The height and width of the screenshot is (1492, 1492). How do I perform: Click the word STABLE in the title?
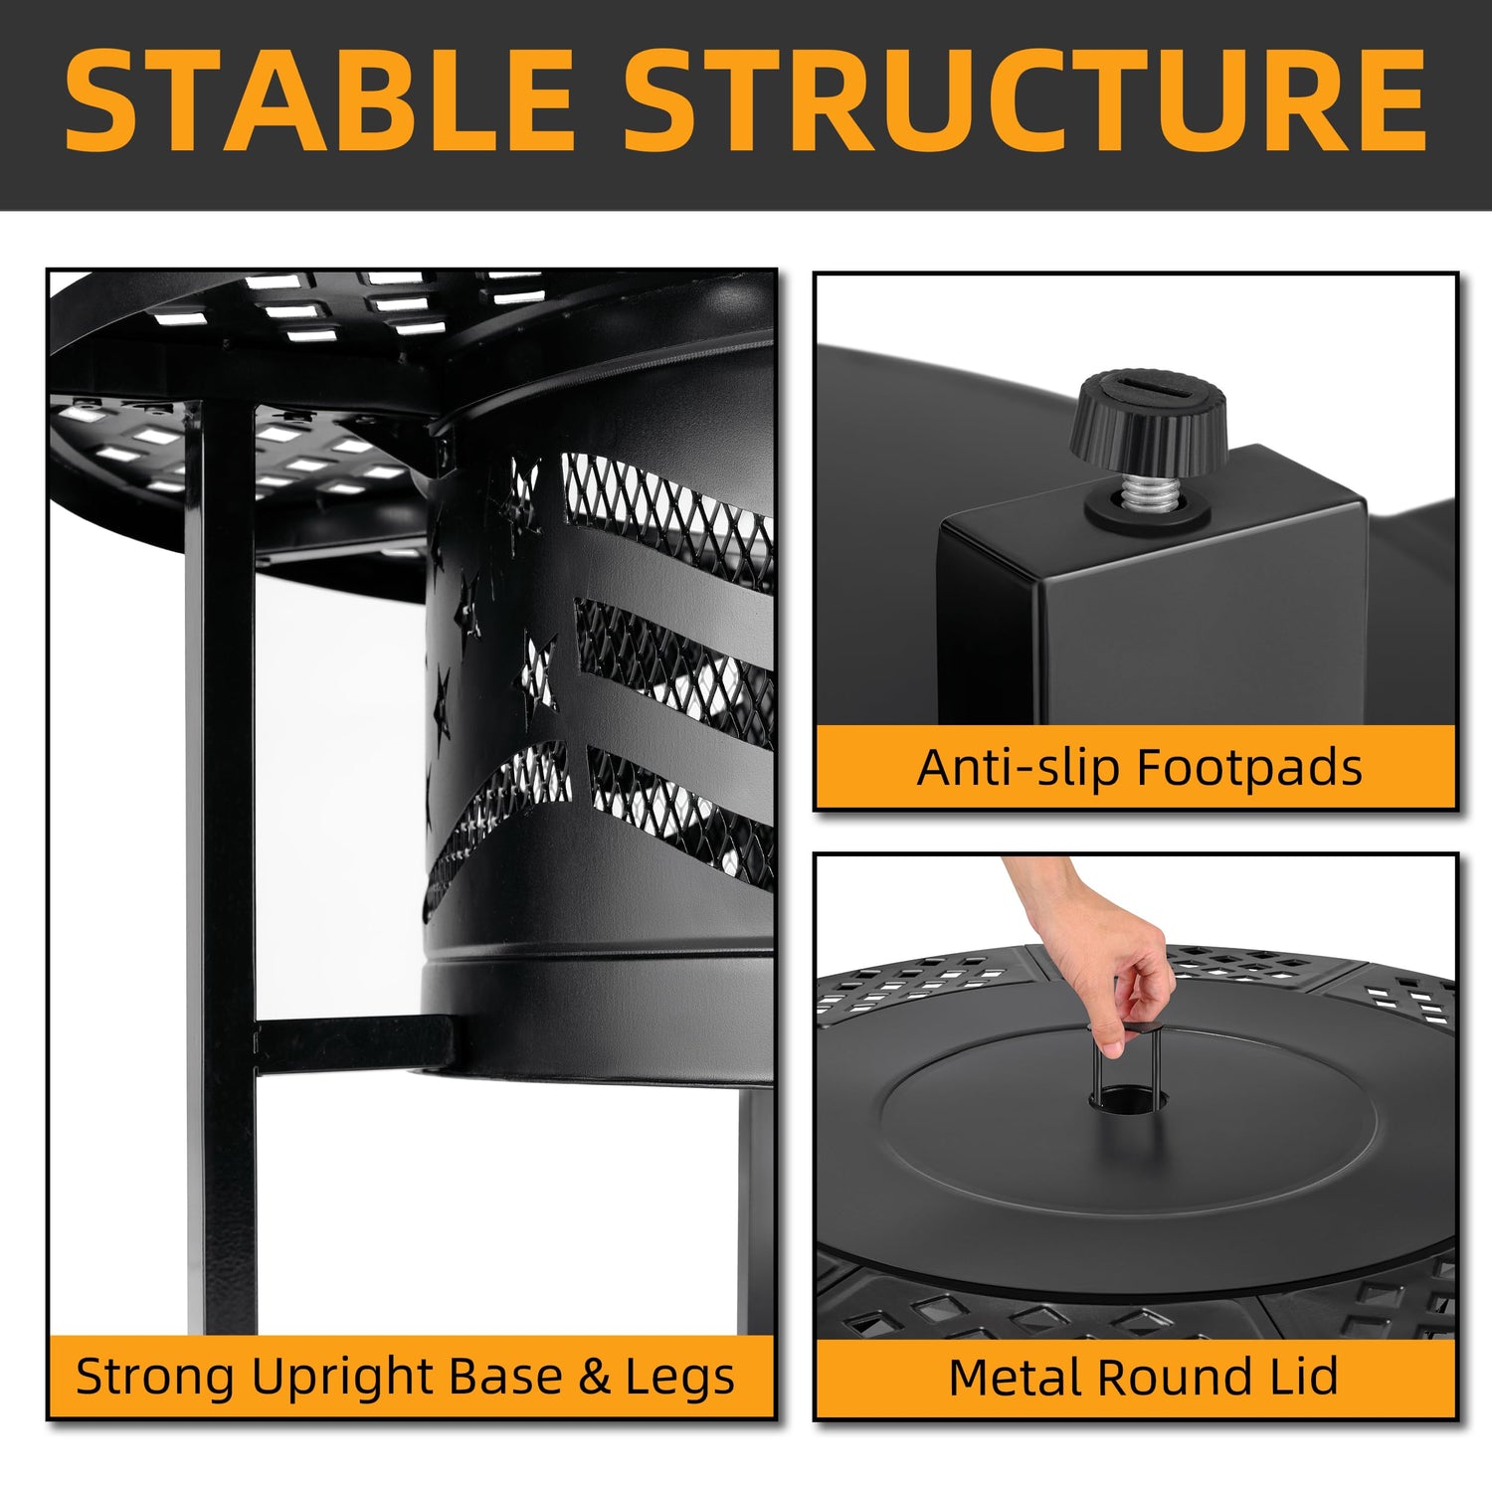click(319, 99)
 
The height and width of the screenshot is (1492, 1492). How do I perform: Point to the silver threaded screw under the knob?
click(1148, 488)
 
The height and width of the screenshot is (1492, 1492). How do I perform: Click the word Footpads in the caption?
click(1249, 768)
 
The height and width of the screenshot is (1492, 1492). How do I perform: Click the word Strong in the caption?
click(155, 1379)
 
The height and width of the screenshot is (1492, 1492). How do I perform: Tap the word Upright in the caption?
click(343, 1379)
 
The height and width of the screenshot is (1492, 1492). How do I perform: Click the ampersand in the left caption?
click(594, 1378)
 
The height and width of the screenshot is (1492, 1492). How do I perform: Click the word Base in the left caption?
click(506, 1378)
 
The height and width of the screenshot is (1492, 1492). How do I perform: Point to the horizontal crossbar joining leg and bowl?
click(353, 1044)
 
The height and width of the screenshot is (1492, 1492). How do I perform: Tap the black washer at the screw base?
click(1147, 507)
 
